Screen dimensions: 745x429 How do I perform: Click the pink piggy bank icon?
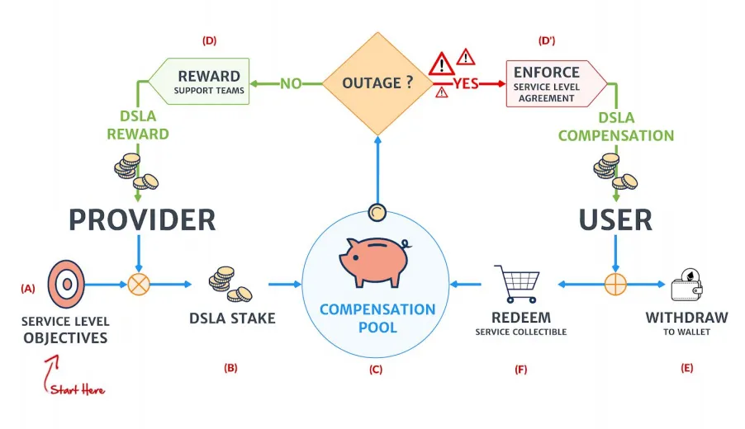(x=374, y=262)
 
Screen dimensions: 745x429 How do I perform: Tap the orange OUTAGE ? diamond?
(x=377, y=83)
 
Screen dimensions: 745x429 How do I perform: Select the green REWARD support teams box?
(x=200, y=81)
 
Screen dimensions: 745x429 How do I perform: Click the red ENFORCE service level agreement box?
(x=557, y=84)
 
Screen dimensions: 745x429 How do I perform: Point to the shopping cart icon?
(x=518, y=284)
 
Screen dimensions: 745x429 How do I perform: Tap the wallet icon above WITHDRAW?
(x=687, y=285)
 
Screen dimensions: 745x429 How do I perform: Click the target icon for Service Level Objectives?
(x=66, y=285)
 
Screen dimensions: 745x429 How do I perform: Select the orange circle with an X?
(x=139, y=285)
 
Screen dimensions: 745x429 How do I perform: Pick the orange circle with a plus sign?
(x=615, y=285)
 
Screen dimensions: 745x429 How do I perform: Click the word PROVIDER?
(x=142, y=219)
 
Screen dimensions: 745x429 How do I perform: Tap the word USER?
(x=615, y=219)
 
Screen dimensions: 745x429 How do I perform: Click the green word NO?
(x=291, y=84)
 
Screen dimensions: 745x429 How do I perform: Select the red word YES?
(x=466, y=84)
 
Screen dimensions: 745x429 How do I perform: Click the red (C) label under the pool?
(x=376, y=370)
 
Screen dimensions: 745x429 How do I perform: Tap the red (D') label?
(x=547, y=40)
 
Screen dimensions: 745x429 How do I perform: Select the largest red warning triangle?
(x=441, y=64)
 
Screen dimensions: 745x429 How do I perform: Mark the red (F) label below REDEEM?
(x=521, y=370)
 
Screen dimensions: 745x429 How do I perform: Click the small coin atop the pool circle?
(x=377, y=212)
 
